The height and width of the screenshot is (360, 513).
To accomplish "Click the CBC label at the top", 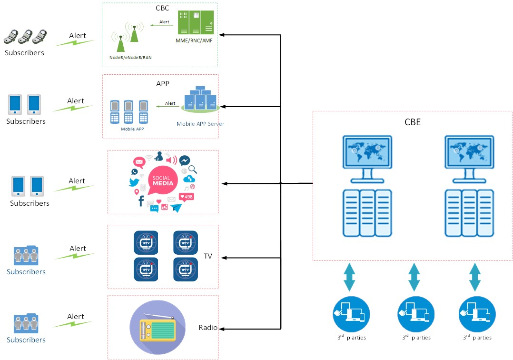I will [162, 8].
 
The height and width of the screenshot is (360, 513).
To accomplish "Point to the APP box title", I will [163, 84].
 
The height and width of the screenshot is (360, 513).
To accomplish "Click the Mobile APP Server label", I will [200, 124].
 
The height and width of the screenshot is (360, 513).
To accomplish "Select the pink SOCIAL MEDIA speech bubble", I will [162, 181].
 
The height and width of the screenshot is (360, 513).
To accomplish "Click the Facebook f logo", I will [141, 201].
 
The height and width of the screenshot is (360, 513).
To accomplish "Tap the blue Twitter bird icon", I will [134, 182].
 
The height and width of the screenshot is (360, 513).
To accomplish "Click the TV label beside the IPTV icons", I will [208, 256].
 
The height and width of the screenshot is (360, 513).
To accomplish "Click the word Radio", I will [208, 328].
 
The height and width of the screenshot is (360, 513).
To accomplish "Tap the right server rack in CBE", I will [469, 213].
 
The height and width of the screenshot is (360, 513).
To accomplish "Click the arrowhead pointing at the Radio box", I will [222, 329].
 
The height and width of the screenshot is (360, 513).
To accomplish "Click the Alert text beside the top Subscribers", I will [78, 36].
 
